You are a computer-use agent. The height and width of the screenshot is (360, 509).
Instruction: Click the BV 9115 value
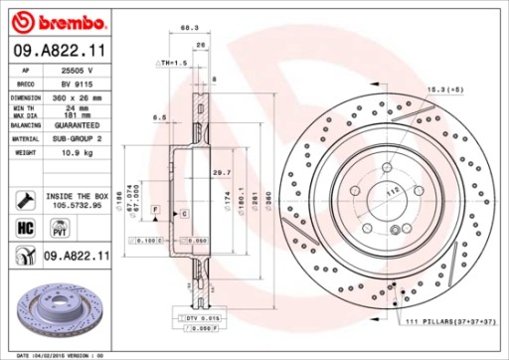click(70, 86)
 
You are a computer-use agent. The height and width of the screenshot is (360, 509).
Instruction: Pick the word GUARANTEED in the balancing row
click(77, 126)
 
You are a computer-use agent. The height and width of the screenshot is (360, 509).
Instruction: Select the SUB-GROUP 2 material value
click(77, 140)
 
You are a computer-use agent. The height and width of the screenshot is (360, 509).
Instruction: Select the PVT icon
click(59, 230)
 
